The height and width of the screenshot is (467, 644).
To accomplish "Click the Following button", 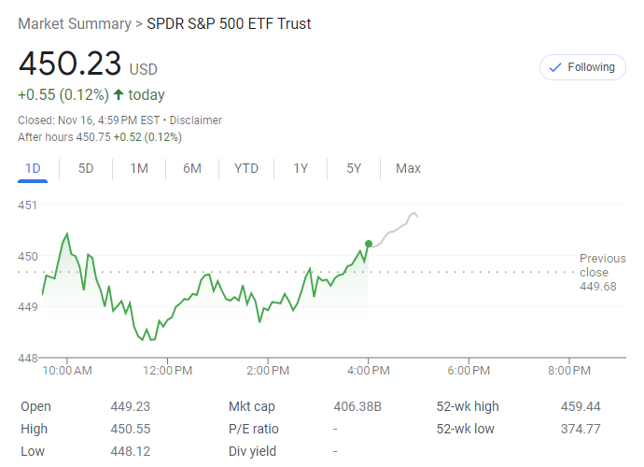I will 582,67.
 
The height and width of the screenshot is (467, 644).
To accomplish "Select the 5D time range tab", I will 86,168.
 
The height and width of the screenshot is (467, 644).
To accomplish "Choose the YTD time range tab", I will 246,168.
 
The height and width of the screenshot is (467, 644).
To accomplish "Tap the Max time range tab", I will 408,168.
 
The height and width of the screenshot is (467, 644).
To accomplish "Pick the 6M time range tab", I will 192,168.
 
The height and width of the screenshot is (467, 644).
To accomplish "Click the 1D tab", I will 33,168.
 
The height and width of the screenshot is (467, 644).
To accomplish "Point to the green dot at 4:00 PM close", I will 369,243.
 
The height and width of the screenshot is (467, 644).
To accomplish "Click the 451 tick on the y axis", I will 27,205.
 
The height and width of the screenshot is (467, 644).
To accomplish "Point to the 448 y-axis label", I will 27,358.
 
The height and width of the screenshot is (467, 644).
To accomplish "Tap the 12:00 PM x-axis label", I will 168,371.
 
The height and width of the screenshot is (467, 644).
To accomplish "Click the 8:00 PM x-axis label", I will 569,371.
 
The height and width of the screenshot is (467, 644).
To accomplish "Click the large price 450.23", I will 70,64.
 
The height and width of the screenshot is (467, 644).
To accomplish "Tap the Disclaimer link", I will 196,120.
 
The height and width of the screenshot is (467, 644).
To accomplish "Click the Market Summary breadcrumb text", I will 75,23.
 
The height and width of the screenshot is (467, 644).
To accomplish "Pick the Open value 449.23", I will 130,406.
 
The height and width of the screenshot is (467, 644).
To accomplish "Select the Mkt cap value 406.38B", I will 358,406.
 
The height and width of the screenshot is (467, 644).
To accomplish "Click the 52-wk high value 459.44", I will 581,406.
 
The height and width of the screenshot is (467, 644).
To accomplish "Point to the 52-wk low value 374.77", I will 581,429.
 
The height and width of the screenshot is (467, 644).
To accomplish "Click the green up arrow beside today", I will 119,94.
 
